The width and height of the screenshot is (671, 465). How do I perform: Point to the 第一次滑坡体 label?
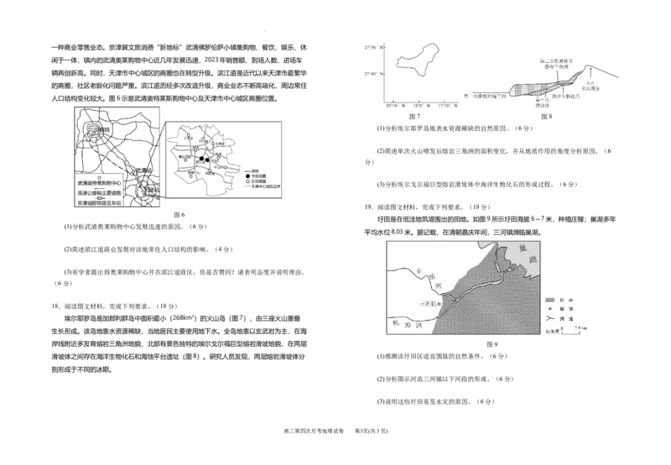541,102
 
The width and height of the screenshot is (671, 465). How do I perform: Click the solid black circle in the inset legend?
248,175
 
